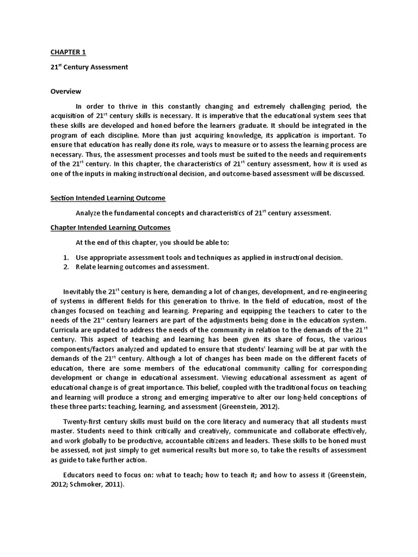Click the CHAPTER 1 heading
pyautogui.click(x=68, y=52)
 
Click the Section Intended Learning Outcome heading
pyautogui.click(x=108, y=198)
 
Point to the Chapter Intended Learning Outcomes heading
pyautogui.click(x=110, y=227)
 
